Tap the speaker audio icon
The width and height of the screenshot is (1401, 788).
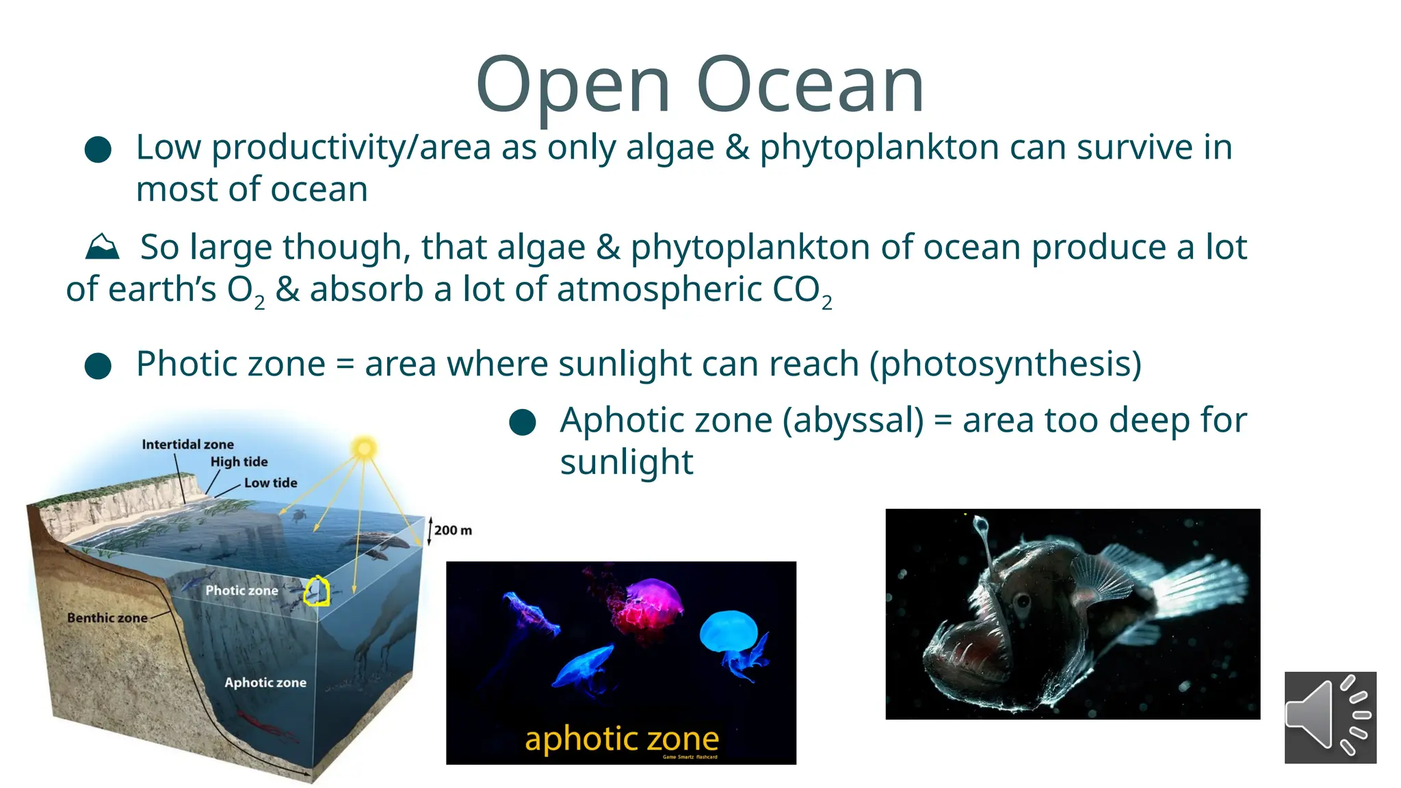point(1329,717)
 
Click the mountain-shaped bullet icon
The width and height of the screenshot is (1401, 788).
point(102,247)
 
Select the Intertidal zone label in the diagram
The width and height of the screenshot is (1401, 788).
point(187,445)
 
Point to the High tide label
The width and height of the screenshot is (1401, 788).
point(239,462)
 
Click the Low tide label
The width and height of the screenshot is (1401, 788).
point(270,483)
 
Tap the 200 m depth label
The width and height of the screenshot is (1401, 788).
point(452,530)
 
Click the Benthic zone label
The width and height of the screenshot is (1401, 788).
point(107,618)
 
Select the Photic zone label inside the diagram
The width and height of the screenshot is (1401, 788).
point(241,590)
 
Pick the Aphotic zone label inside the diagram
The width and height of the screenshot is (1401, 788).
point(265,683)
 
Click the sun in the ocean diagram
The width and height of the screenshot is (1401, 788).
point(364,449)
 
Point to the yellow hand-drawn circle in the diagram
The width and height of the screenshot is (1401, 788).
point(317,591)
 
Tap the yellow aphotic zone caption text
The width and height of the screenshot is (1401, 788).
point(621,739)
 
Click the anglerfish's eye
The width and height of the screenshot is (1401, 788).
point(1023,602)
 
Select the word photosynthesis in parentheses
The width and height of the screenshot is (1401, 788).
point(1005,363)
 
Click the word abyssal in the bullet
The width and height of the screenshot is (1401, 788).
point(853,420)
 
